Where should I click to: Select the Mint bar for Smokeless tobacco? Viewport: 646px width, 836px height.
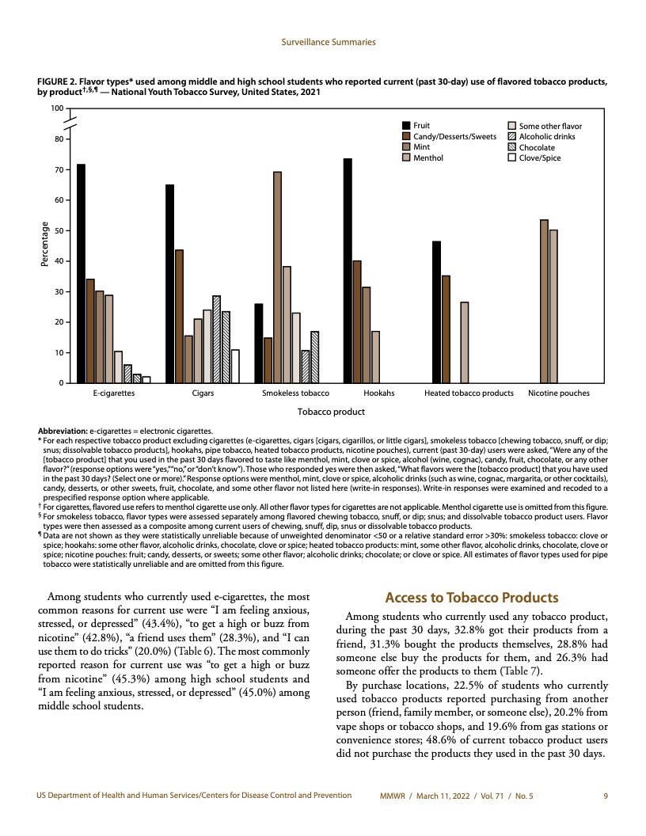click(277, 277)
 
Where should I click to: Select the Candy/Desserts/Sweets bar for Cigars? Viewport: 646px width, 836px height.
click(179, 316)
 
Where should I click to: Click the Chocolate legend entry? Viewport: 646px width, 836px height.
click(537, 147)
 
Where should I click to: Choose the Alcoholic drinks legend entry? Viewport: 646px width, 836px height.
click(547, 136)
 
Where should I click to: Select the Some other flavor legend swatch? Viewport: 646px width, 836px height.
click(512, 126)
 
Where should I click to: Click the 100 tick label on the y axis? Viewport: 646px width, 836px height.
click(56, 108)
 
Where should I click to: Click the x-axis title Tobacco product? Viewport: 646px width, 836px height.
click(330, 411)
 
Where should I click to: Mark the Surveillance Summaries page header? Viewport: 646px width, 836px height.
click(329, 42)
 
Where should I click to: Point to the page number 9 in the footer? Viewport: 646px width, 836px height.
click(605, 794)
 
